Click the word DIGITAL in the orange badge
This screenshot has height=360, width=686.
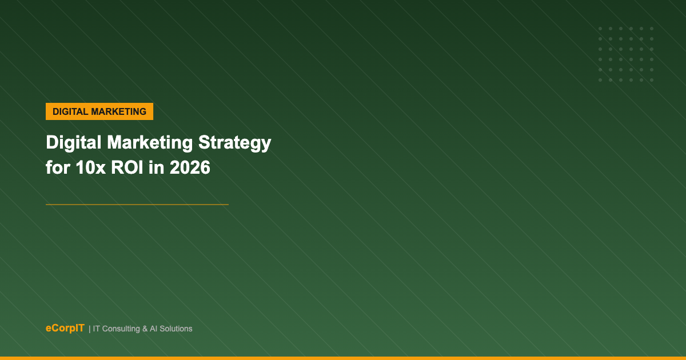70,111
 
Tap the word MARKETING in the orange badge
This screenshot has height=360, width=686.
119,111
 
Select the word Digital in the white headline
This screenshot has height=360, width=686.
74,143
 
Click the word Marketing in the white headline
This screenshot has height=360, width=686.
150,143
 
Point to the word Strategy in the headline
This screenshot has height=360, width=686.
234,143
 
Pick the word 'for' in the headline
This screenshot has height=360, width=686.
58,167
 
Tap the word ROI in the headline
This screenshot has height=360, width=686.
127,167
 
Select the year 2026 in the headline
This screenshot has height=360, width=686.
190,167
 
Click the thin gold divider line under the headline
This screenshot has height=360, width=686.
137,205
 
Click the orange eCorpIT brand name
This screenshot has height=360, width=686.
65,328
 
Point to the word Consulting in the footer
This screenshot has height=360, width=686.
121,329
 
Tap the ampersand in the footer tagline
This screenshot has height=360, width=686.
145,329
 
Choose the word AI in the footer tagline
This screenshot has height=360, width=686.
154,329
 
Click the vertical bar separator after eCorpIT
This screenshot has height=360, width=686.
89,329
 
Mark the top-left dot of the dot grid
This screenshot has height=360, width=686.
600,29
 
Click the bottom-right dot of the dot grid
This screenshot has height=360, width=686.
652,80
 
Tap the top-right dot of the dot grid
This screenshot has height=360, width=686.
652,29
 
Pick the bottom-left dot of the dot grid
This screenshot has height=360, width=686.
600,80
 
